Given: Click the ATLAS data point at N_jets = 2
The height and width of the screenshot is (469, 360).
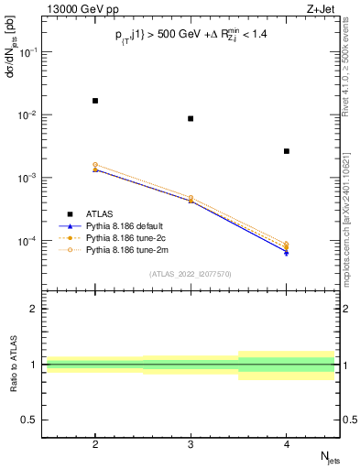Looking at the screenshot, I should (95, 101).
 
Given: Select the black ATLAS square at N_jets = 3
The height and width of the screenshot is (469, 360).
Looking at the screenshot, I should (191, 118).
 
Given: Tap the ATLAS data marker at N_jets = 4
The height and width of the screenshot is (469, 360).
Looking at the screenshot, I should (287, 151).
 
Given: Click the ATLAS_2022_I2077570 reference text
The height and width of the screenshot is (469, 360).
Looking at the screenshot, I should (191, 273).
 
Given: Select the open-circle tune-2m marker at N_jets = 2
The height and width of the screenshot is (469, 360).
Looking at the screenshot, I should (95, 165).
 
